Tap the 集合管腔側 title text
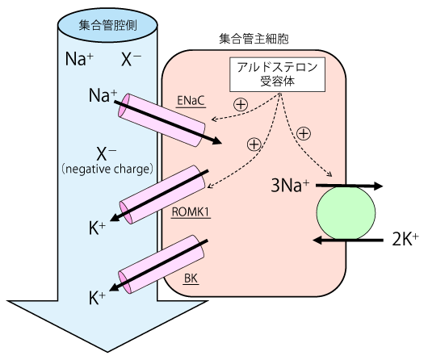tap(107, 25)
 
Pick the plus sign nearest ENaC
tap(240, 104)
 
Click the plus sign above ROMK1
tap(254, 144)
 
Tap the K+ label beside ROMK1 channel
tap(97, 228)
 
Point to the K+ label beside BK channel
tap(97, 298)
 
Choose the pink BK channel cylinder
tap(162, 263)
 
